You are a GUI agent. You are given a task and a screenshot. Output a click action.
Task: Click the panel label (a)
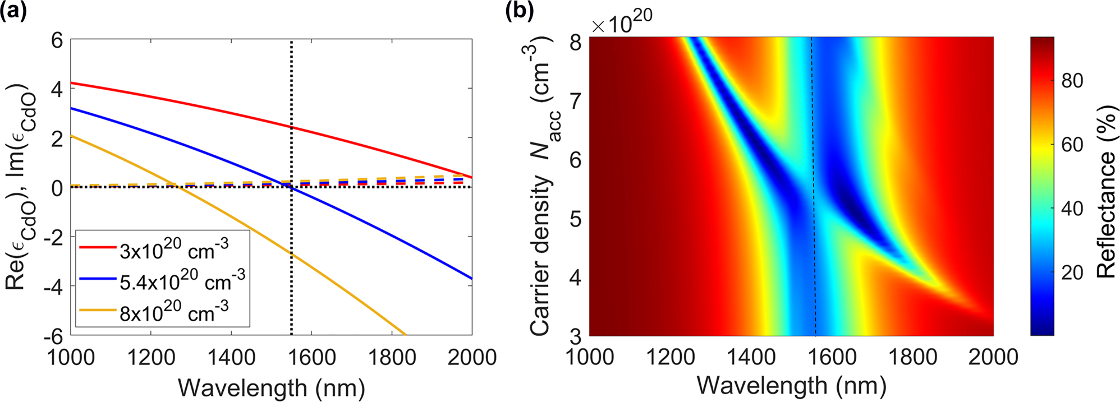(x=13, y=11)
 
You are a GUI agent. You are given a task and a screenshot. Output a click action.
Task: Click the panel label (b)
(x=519, y=11)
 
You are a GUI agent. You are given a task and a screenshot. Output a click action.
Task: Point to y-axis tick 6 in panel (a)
(x=57, y=40)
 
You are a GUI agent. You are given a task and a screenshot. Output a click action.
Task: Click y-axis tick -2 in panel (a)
(x=53, y=237)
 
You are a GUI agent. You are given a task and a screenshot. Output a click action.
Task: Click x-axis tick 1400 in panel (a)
(x=231, y=357)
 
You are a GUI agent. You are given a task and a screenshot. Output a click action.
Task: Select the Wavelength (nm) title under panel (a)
(x=271, y=388)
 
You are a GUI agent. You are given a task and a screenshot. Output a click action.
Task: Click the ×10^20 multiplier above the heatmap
(x=622, y=22)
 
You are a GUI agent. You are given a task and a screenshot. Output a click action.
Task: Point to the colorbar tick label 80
(x=1071, y=81)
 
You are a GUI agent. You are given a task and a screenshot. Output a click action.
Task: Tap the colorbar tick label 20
(x=1071, y=273)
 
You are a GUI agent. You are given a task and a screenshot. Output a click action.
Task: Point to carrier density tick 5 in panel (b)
(x=575, y=219)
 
